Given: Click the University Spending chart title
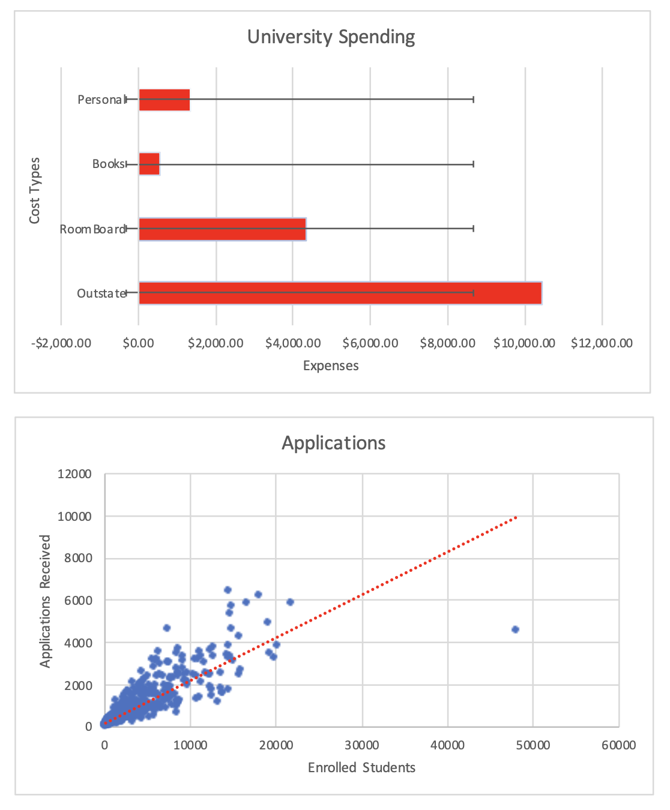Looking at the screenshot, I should [x=331, y=37].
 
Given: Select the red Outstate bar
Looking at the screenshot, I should [x=340, y=293].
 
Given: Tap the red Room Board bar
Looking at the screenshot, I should [x=222, y=229].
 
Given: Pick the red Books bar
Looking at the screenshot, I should [x=149, y=164].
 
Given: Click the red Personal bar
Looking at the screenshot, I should [x=164, y=100].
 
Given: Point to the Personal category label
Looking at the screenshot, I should [x=100, y=100].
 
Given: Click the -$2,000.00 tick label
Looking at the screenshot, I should [x=61, y=343].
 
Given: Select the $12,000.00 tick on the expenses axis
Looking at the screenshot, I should [x=602, y=343].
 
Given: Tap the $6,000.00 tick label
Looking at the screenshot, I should [x=370, y=343].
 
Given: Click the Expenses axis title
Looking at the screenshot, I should [x=331, y=366].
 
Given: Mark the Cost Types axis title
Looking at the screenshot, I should [x=34, y=191].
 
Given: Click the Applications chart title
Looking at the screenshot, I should [x=334, y=443].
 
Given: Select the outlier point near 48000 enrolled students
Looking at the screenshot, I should [x=515, y=629].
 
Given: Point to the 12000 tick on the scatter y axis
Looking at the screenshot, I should [x=74, y=474].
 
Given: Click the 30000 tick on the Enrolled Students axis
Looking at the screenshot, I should [x=362, y=745].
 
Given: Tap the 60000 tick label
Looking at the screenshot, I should [x=618, y=745].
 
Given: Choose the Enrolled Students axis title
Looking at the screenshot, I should [x=361, y=768].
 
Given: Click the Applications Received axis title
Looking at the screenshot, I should [x=46, y=601].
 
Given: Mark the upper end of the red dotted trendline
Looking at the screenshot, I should [x=516, y=517].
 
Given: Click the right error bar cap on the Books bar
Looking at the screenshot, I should [x=473, y=164].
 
